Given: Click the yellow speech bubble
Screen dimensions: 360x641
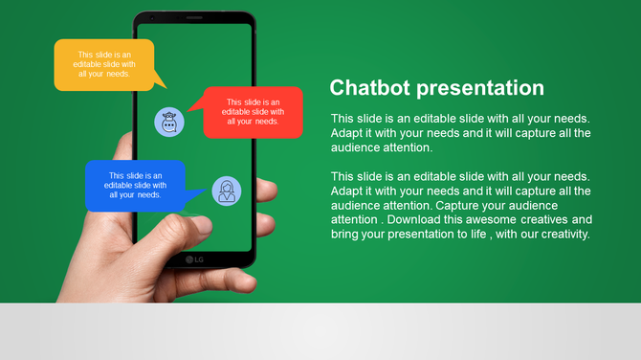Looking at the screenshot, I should click(104, 65).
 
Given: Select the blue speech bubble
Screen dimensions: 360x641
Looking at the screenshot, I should click(135, 185).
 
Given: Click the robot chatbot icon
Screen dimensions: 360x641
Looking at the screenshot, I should click(169, 122).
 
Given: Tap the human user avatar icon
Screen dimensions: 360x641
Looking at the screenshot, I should click(227, 191).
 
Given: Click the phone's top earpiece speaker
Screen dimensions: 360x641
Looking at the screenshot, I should click(194, 17).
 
